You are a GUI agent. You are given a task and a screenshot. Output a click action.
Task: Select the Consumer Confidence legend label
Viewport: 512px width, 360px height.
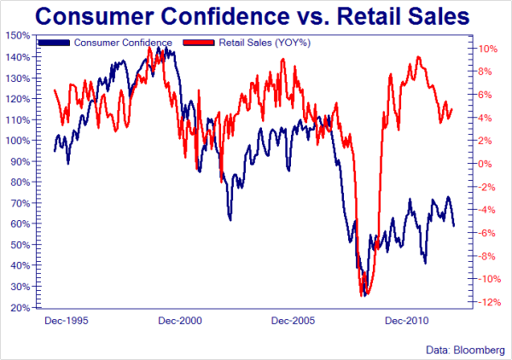(124, 43)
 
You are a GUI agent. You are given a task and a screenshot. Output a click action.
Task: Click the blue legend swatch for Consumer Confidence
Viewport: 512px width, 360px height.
(55, 43)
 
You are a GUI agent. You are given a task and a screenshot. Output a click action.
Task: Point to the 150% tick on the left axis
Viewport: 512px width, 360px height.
(20, 36)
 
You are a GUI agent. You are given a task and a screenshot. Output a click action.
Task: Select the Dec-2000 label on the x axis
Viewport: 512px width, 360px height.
(180, 322)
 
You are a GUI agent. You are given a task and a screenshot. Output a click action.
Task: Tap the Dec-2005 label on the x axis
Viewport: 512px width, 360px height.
(293, 322)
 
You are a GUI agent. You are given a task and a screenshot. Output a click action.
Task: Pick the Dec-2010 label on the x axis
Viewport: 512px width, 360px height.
(406, 322)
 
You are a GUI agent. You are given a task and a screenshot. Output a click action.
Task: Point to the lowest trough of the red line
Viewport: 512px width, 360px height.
(363, 294)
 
